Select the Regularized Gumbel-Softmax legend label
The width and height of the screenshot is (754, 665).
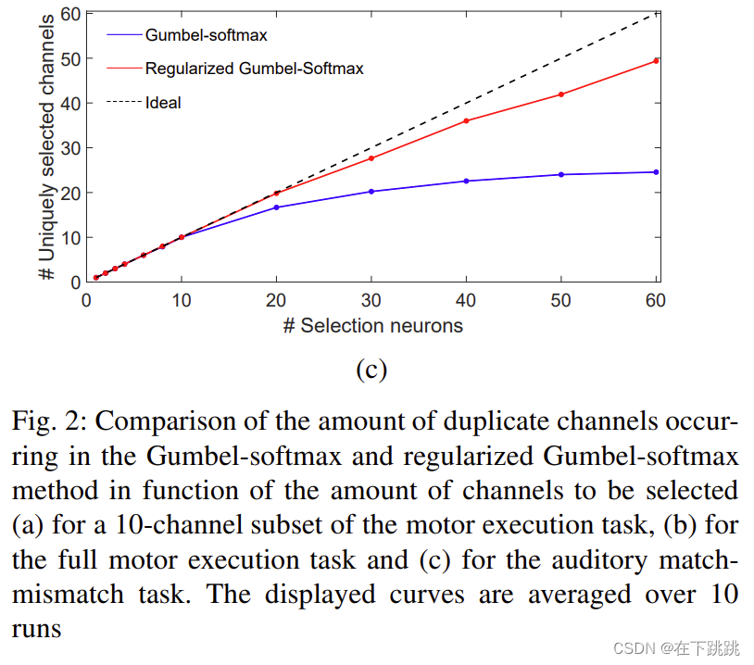pos(254,69)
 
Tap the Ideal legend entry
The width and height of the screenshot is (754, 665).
pos(163,103)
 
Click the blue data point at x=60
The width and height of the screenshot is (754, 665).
pos(656,172)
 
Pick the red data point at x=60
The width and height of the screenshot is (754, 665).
pos(656,61)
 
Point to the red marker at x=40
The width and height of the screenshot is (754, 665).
pos(466,121)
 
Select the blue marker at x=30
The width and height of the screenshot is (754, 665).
pos(371,192)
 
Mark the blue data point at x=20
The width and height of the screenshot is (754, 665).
pos(277,207)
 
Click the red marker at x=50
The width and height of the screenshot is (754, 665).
pos(561,94)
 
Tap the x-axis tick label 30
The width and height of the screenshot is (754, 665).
pos(371,301)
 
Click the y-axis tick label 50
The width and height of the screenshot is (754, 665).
pos(70,59)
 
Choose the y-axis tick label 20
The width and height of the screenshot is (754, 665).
pos(70,193)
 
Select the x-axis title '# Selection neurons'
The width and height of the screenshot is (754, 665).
pos(372,325)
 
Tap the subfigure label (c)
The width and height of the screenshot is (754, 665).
pos(371,369)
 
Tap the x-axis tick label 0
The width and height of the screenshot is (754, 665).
pos(86,301)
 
